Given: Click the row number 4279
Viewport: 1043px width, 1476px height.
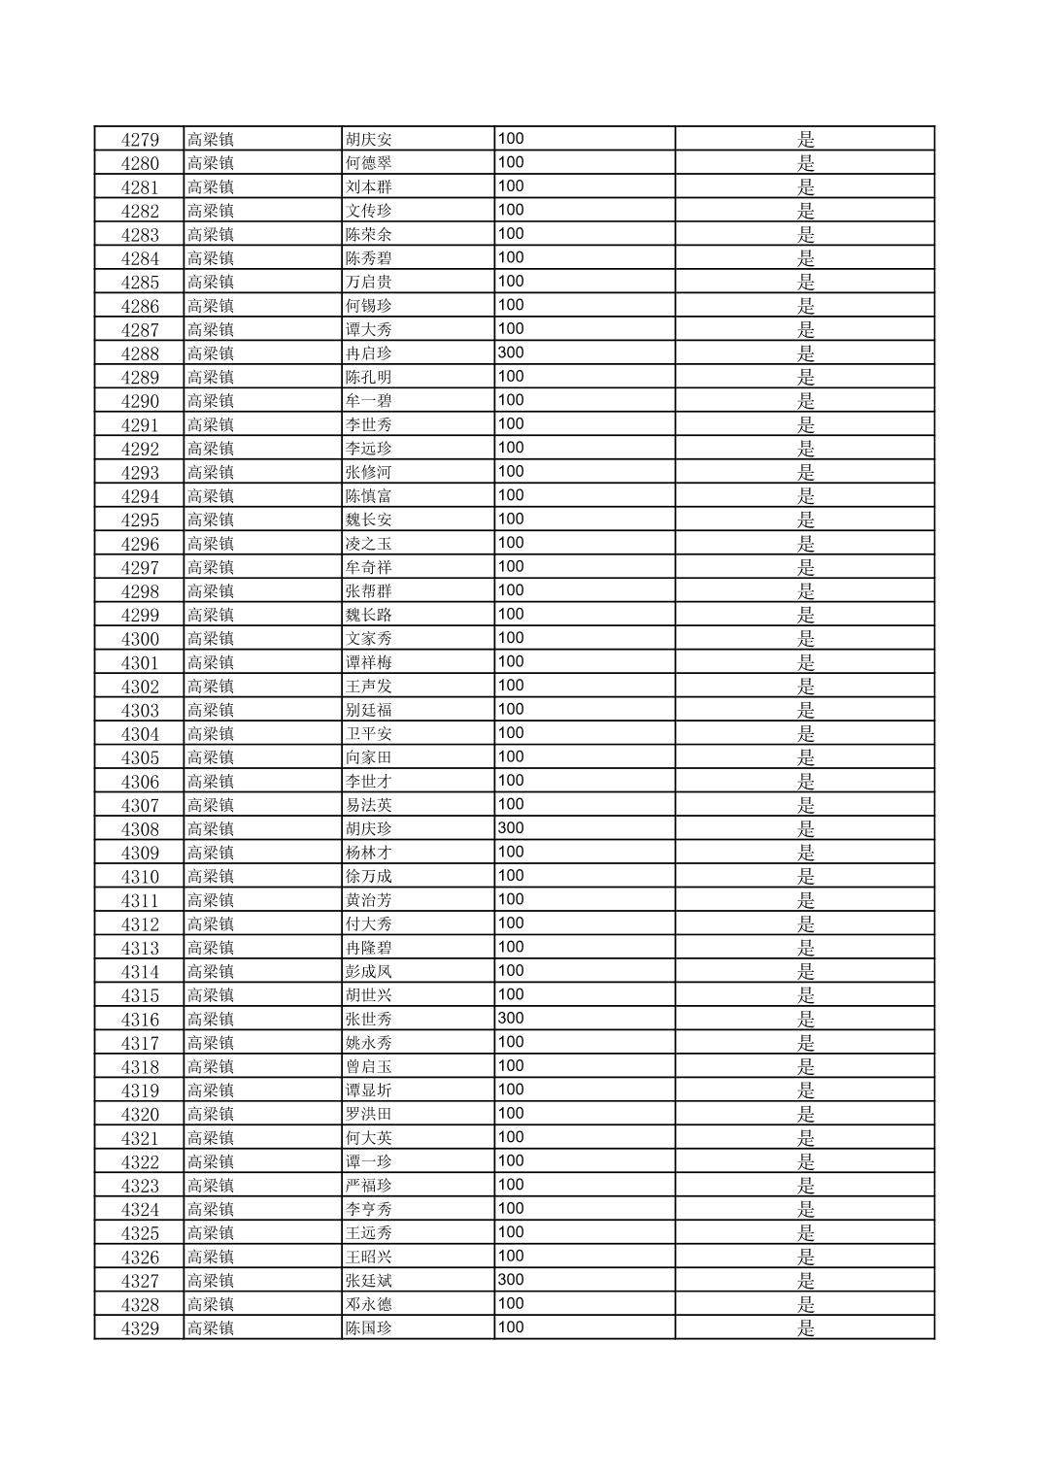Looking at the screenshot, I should (x=140, y=140).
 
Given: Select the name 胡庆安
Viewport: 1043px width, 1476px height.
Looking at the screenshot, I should (x=369, y=140).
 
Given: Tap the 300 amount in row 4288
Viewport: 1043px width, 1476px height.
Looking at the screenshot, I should (x=511, y=352).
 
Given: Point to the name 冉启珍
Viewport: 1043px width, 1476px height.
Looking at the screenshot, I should (x=369, y=353).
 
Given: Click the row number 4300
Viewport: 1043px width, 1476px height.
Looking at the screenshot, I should (x=140, y=639).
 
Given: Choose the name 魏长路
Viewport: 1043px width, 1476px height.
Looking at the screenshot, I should (x=369, y=616).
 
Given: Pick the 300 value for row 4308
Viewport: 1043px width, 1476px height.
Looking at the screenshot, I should (x=511, y=828).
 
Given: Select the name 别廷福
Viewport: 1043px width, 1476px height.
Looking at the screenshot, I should (x=369, y=711).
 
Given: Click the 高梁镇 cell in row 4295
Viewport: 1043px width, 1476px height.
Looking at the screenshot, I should (x=211, y=520).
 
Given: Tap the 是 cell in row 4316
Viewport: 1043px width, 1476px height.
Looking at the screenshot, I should (x=806, y=1020).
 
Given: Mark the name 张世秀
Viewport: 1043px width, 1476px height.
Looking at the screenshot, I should (x=369, y=1020).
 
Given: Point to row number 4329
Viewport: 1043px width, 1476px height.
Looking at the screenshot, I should (x=140, y=1328).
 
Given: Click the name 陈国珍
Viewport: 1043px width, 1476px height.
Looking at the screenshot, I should (x=369, y=1328).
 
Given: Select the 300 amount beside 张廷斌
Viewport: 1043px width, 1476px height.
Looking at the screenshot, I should (x=511, y=1280).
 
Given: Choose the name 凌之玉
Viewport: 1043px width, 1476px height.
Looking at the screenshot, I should (x=369, y=544).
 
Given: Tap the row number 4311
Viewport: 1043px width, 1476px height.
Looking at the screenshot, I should (x=140, y=901).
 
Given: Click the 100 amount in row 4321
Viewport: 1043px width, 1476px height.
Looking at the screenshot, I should (x=511, y=1137).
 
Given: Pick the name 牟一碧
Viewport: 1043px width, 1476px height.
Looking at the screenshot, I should (x=369, y=401).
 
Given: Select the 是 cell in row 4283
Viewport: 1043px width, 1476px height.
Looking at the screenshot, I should (x=806, y=235).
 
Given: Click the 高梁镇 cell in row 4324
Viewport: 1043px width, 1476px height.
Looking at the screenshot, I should (x=211, y=1210).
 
